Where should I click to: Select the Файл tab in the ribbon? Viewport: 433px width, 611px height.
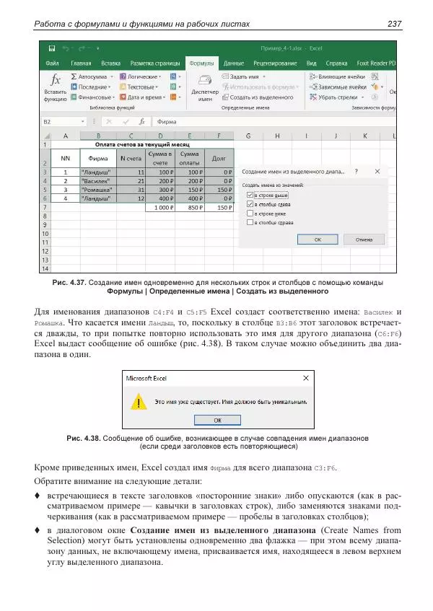click(52, 63)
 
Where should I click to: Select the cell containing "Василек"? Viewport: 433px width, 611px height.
click(98, 182)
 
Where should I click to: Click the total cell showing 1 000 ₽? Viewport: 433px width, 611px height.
click(159, 208)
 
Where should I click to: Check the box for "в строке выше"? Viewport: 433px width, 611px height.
click(250, 195)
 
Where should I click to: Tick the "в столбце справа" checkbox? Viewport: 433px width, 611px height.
click(250, 221)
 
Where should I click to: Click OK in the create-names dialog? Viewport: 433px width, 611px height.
click(318, 239)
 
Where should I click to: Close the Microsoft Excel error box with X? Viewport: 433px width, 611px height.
click(305, 377)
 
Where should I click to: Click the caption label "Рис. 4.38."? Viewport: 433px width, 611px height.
click(83, 438)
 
